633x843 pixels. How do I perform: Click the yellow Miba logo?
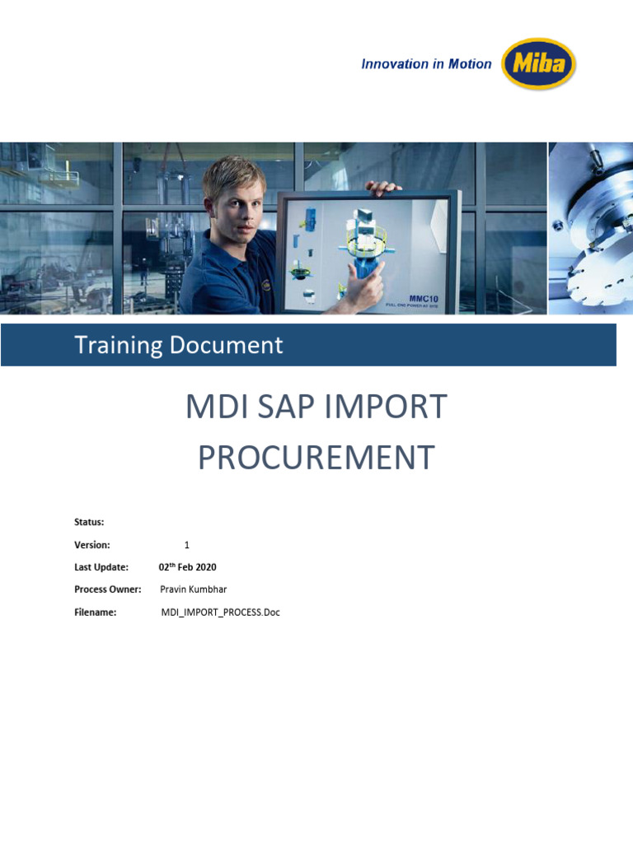tap(539, 64)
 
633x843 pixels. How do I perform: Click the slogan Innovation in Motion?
tap(426, 64)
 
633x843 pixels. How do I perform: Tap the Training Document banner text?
tap(179, 345)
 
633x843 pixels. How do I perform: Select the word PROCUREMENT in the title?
tap(316, 458)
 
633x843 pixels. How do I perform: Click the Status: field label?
tap(89, 522)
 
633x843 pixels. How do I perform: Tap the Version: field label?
tap(92, 545)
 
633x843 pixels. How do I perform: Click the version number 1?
tap(187, 545)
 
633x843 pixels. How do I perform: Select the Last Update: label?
tap(101, 567)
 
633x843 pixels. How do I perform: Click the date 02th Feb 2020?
tap(188, 567)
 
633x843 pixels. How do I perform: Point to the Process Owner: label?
tap(108, 589)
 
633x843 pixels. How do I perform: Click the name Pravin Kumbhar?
tap(193, 589)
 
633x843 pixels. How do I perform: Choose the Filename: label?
tap(96, 612)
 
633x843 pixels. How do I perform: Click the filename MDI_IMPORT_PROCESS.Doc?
tap(221, 612)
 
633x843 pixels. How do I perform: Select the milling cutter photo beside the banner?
tap(590, 228)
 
